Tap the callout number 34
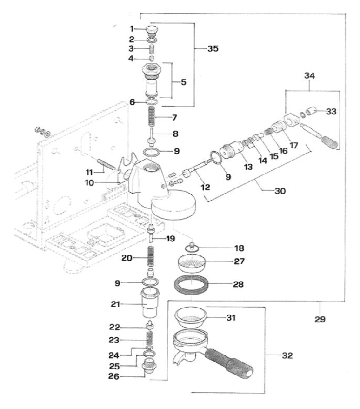(x=309, y=75)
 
